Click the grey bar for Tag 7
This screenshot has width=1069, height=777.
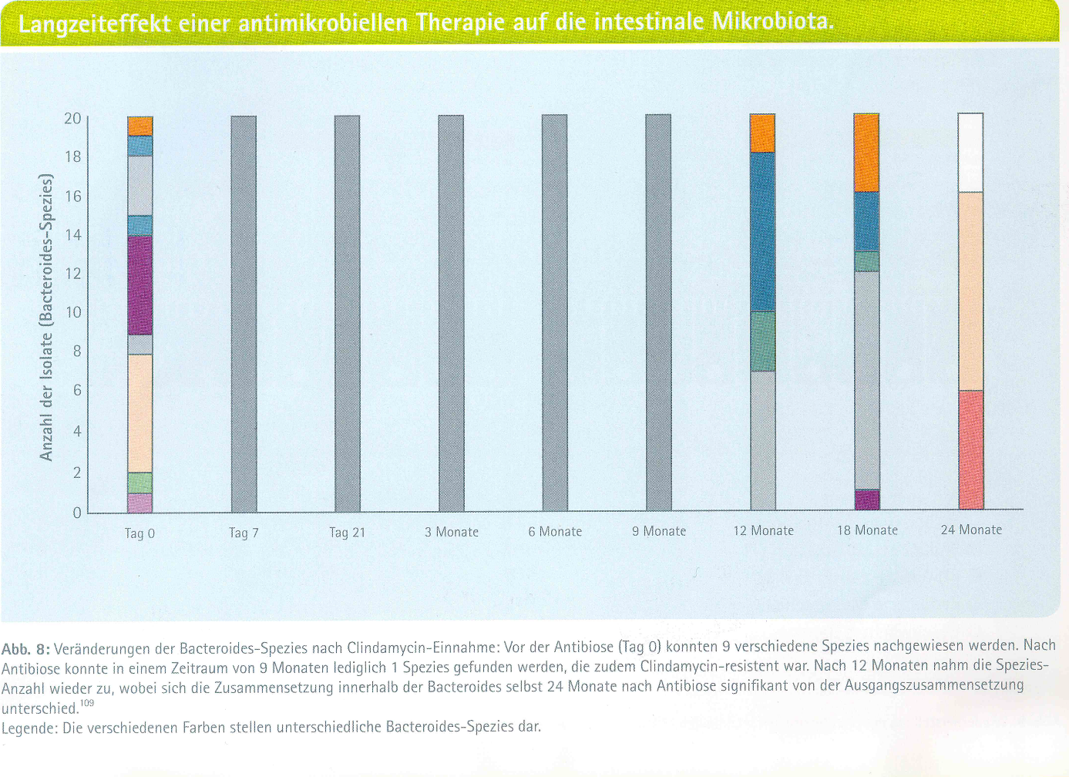[244, 313]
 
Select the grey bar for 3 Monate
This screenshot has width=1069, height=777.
[451, 313]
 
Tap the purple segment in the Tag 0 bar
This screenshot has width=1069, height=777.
[140, 285]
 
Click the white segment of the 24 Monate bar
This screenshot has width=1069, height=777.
[970, 153]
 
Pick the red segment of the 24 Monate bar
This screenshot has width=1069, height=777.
[970, 449]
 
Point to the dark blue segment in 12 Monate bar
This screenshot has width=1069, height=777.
[762, 231]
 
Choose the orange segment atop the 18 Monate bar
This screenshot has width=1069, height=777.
[866, 153]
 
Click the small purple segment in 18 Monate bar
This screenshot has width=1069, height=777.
[866, 499]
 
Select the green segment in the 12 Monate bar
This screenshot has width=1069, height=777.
[762, 341]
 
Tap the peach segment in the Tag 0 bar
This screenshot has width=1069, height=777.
[140, 413]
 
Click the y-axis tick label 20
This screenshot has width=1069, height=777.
[72, 119]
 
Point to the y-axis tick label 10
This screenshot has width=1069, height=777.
[72, 313]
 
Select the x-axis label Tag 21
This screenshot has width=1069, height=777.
[347, 533]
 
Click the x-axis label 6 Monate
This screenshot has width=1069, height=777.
[555, 532]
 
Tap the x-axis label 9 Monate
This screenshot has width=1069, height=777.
[659, 532]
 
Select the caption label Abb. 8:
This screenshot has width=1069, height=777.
[26, 648]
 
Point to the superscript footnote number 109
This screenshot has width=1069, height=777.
[86, 703]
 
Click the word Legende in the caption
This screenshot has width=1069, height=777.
[29, 728]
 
